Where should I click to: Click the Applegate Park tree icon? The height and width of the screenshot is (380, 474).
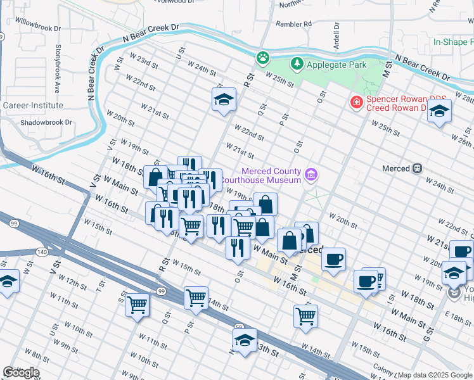tap(297, 64)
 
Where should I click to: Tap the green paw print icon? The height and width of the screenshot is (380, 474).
tap(262, 58)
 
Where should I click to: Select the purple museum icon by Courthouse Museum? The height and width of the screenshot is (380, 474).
tap(311, 174)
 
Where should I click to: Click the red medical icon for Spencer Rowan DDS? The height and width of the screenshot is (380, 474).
tap(357, 102)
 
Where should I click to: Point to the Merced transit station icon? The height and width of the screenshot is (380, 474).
tap(417, 168)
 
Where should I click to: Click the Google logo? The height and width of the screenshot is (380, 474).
tap(22, 372)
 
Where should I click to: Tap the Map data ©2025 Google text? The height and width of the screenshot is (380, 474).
tap(435, 375)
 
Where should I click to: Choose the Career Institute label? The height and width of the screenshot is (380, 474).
tap(33, 105)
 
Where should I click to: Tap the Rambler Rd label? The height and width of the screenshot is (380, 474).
tap(293, 24)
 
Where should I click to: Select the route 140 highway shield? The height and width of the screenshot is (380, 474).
tap(42, 252)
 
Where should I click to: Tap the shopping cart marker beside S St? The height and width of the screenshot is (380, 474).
tap(138, 305)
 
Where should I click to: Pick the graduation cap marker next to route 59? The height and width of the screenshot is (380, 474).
tap(245, 340)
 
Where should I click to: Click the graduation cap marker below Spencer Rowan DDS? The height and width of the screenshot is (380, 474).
tap(439, 111)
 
